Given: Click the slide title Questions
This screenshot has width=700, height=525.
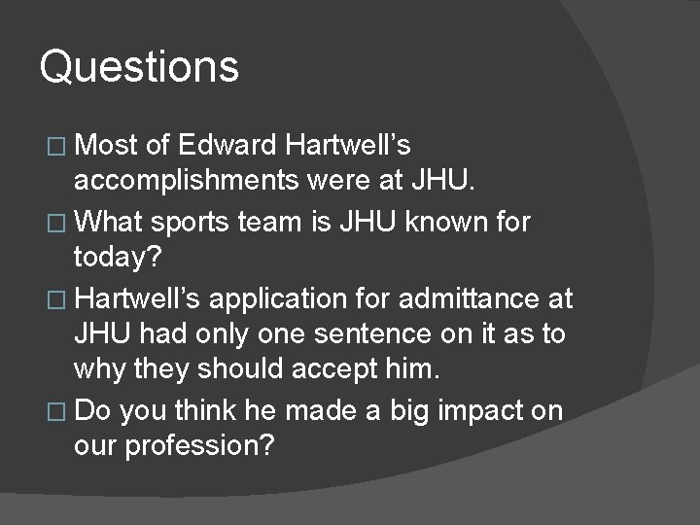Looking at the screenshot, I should [x=139, y=67].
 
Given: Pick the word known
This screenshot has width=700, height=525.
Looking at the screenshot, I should [x=452, y=222].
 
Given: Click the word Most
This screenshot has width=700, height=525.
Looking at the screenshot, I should [x=106, y=146].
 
